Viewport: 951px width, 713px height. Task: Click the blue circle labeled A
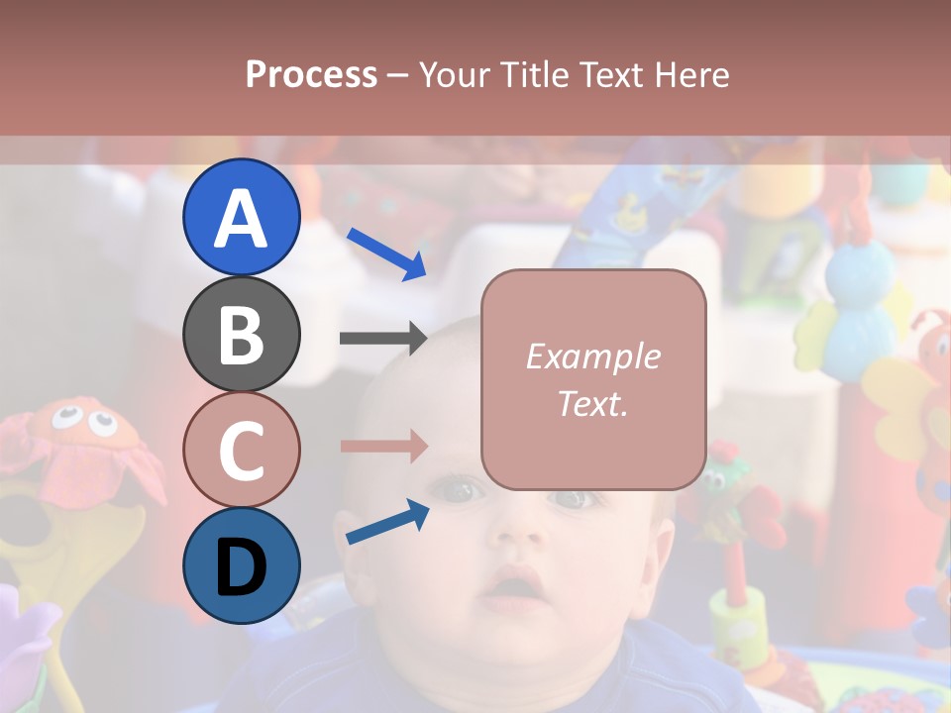coord(242,217)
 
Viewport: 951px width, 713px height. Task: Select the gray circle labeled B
coord(242,334)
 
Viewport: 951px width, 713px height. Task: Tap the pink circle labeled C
coord(242,450)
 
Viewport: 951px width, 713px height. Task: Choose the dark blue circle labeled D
coord(242,565)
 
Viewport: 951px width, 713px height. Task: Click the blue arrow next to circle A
coord(386,254)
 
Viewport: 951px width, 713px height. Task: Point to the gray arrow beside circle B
coord(382,338)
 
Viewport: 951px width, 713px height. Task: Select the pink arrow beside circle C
coord(382,446)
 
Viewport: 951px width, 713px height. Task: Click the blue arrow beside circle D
coord(387,522)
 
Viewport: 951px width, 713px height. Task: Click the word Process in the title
coord(311,75)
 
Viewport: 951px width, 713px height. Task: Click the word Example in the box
coord(592,356)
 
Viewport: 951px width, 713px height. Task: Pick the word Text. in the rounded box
coord(592,404)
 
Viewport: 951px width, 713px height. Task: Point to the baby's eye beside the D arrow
coord(458,488)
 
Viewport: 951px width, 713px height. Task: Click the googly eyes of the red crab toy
coord(83,420)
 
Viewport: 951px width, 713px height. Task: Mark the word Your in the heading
coord(456,75)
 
